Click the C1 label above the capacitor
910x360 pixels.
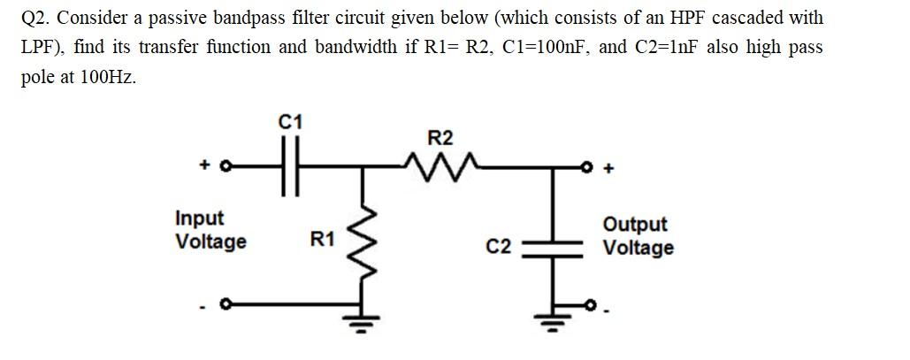coord(289,122)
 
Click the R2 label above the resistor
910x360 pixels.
coord(440,138)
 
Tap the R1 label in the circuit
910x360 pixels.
coord(322,238)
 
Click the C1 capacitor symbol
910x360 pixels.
coord(290,165)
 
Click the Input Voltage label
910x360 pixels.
coord(210,230)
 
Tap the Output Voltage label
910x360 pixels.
coord(638,236)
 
